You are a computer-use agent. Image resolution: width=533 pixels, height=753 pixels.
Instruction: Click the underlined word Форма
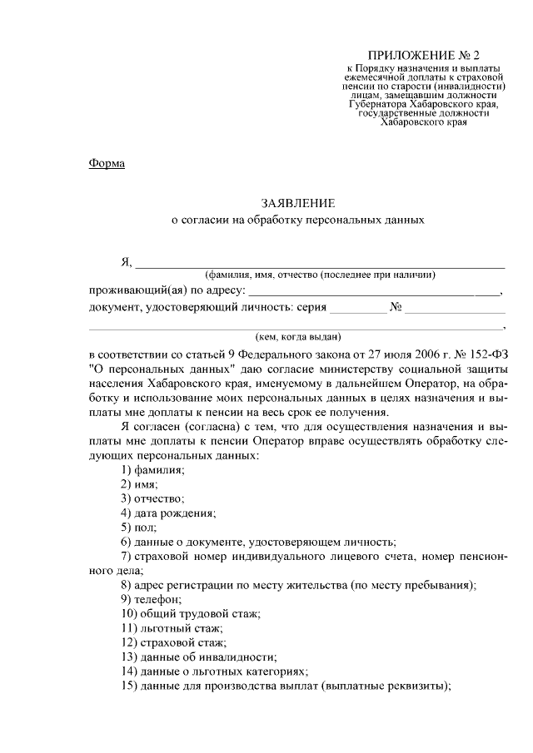pyautogui.click(x=107, y=163)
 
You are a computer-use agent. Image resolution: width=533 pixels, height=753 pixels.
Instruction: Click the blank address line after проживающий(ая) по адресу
pyautogui.click(x=375, y=290)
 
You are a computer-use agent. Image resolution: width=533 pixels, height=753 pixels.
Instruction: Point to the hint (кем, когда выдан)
pyautogui.click(x=297, y=337)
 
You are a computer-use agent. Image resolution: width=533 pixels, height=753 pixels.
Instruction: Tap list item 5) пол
pyautogui.click(x=138, y=528)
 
